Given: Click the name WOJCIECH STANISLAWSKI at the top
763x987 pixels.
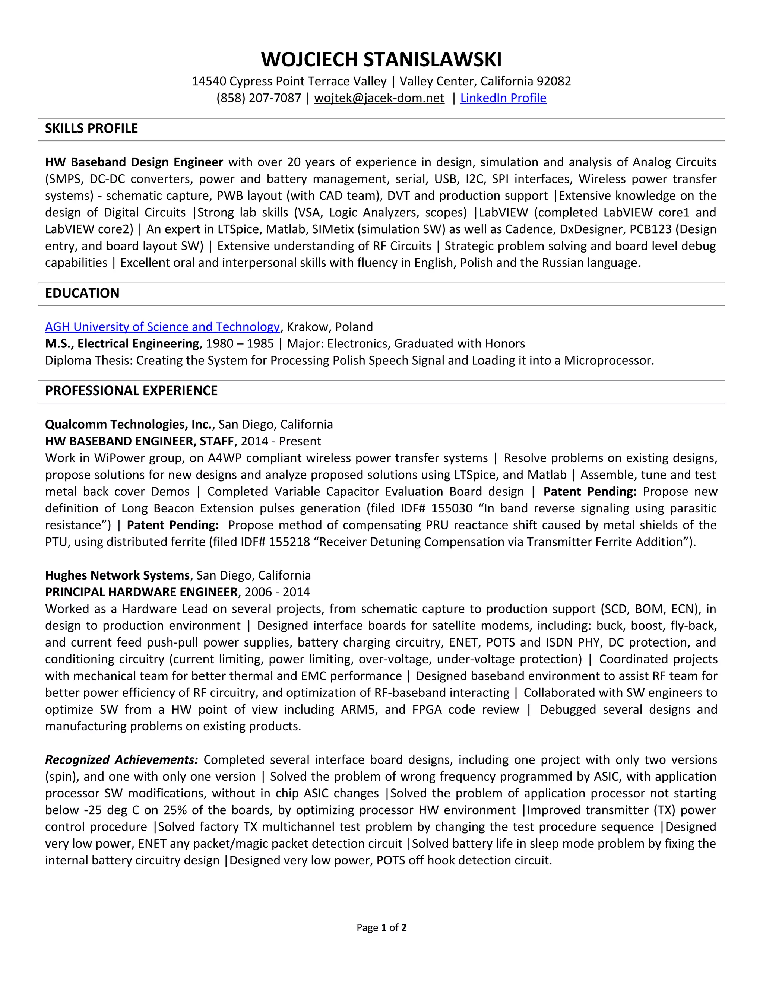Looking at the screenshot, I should pos(381,60).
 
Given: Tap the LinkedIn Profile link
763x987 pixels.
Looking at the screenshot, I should pos(503,98).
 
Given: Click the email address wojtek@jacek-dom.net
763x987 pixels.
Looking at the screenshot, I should pos(379,98).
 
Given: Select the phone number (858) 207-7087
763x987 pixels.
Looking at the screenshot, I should pos(259,98).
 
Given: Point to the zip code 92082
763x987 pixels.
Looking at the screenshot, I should pos(554,81).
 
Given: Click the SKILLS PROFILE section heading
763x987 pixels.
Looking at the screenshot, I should pos(91,129).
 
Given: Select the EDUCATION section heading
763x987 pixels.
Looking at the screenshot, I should pos(82,293).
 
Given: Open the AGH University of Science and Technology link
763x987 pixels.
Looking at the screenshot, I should pos(162,327).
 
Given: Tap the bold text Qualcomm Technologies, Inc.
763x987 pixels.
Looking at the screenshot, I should pos(129,424).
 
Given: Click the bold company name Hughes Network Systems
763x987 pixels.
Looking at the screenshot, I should pos(117,575).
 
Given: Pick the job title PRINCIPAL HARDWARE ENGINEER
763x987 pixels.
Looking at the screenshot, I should pos(141,592).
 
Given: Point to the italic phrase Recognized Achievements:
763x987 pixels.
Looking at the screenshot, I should pos(121,760).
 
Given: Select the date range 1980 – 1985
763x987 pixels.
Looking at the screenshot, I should pos(240,344).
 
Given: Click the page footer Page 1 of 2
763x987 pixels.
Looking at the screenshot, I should pos(381,928).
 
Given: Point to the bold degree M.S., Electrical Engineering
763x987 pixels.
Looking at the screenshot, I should pos(122,344).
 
